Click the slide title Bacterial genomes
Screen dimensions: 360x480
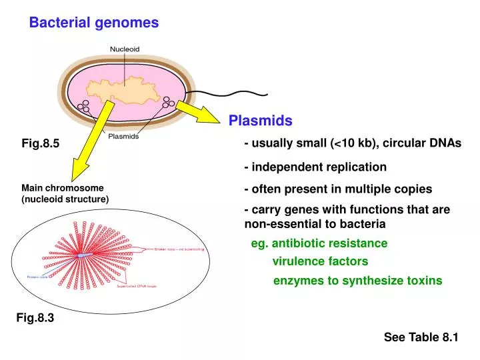point(93,23)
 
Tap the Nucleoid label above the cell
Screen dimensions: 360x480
point(125,49)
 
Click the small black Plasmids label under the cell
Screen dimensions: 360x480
point(123,136)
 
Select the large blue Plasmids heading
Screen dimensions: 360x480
point(261,121)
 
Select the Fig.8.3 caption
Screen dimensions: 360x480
point(35,319)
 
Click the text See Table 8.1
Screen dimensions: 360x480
point(421,337)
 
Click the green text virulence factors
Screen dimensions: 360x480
point(320,262)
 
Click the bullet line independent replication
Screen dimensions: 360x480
point(315,167)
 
